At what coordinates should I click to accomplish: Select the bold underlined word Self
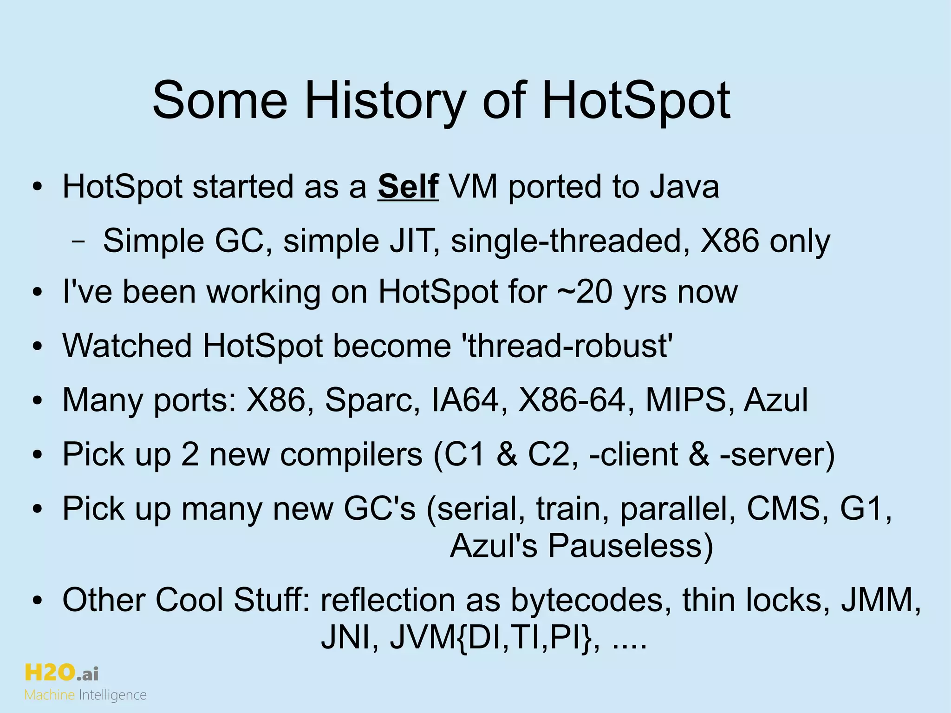tap(408, 187)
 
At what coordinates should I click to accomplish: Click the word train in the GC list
tap(573, 509)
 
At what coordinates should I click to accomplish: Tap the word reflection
tap(387, 600)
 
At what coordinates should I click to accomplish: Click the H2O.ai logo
tap(61, 672)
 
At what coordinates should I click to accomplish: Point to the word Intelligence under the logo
tap(113, 695)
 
